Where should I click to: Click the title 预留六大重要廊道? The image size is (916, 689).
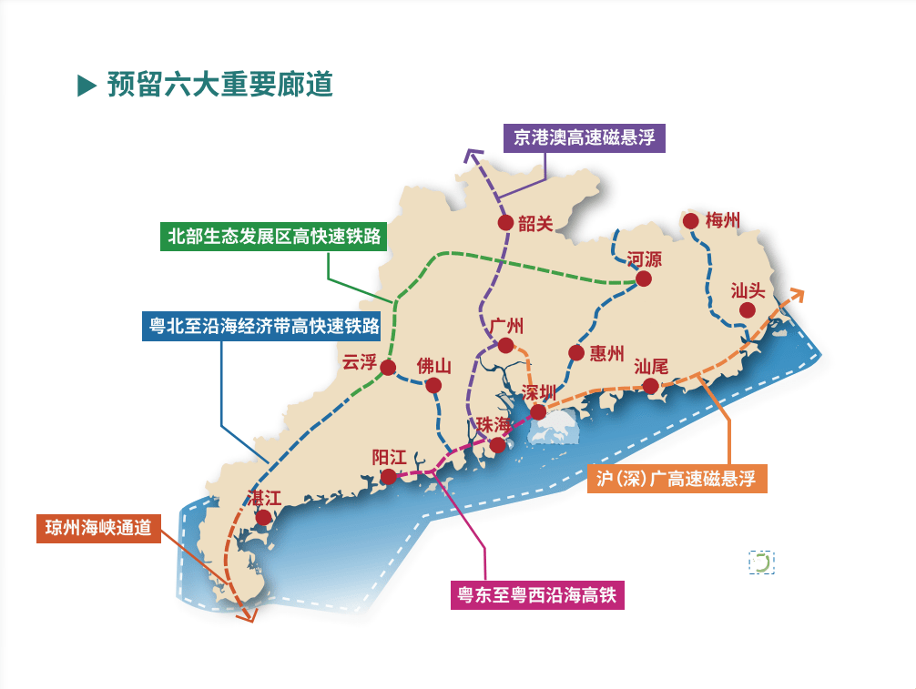pyautogui.click(x=219, y=85)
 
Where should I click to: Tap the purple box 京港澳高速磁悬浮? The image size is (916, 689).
pyautogui.click(x=584, y=137)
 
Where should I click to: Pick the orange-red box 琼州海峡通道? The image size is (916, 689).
pyautogui.click(x=98, y=529)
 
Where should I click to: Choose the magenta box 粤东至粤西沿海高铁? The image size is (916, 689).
pyautogui.click(x=538, y=595)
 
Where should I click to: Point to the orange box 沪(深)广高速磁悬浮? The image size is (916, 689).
pyautogui.click(x=677, y=478)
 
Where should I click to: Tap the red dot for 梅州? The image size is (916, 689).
pyautogui.click(x=690, y=220)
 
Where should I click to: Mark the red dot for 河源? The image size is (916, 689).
pyautogui.click(x=644, y=279)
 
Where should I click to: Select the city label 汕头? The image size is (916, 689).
pyautogui.click(x=749, y=290)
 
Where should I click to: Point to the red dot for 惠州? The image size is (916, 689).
pyautogui.click(x=575, y=353)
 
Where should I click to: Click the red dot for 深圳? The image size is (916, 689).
pyautogui.click(x=538, y=412)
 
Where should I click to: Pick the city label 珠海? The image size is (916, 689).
pyautogui.click(x=494, y=425)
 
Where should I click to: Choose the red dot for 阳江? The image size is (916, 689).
pyautogui.click(x=389, y=477)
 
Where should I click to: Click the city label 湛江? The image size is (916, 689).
pyautogui.click(x=266, y=498)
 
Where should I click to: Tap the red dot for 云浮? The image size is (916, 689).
pyautogui.click(x=389, y=368)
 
